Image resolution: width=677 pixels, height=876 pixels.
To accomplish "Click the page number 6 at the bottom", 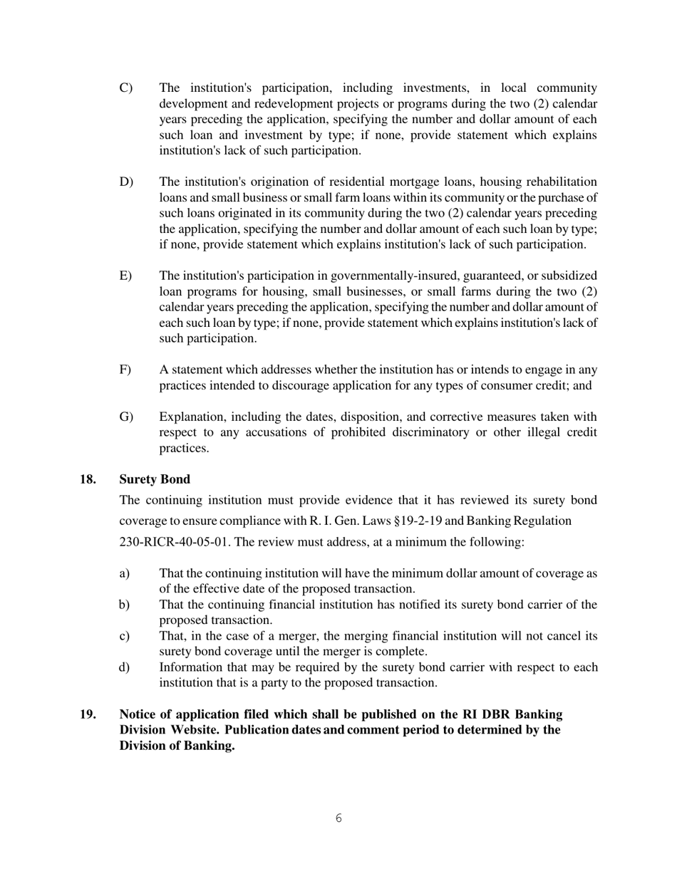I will (x=338, y=818).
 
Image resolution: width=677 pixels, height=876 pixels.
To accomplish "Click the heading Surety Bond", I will (x=155, y=479).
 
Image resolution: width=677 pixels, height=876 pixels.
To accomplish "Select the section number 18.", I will (x=88, y=479).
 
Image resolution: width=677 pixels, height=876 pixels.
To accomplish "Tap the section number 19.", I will (x=88, y=714).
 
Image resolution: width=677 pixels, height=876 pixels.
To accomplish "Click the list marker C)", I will (x=125, y=88).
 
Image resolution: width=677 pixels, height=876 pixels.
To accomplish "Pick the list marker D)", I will (x=126, y=182).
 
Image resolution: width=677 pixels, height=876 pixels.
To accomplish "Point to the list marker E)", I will (x=125, y=276).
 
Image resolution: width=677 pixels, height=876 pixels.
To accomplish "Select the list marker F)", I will (x=125, y=370).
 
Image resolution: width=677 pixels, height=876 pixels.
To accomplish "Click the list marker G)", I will (x=126, y=417).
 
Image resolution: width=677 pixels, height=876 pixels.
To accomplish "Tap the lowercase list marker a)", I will (x=125, y=574).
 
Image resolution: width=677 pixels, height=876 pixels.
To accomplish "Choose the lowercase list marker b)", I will (x=125, y=605).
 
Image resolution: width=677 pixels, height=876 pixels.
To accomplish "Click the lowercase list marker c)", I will (x=125, y=637).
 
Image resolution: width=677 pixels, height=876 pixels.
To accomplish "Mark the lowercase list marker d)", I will (x=125, y=668).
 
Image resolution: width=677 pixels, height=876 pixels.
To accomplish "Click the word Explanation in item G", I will (x=192, y=417).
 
